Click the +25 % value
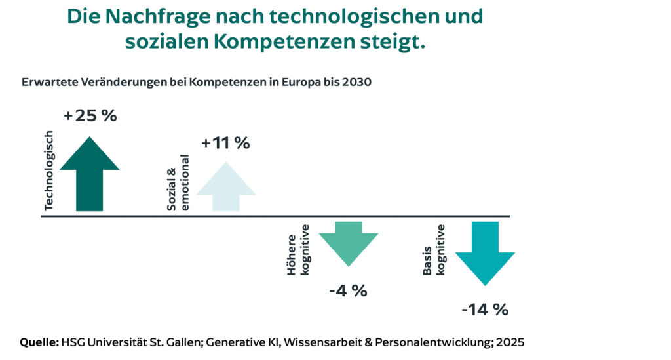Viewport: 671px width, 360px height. click(x=90, y=116)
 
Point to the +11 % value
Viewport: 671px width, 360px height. click(x=225, y=143)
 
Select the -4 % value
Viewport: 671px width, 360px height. click(x=348, y=290)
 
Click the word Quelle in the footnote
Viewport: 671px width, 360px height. click(x=40, y=342)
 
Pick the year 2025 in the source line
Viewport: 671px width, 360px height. click(x=510, y=342)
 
